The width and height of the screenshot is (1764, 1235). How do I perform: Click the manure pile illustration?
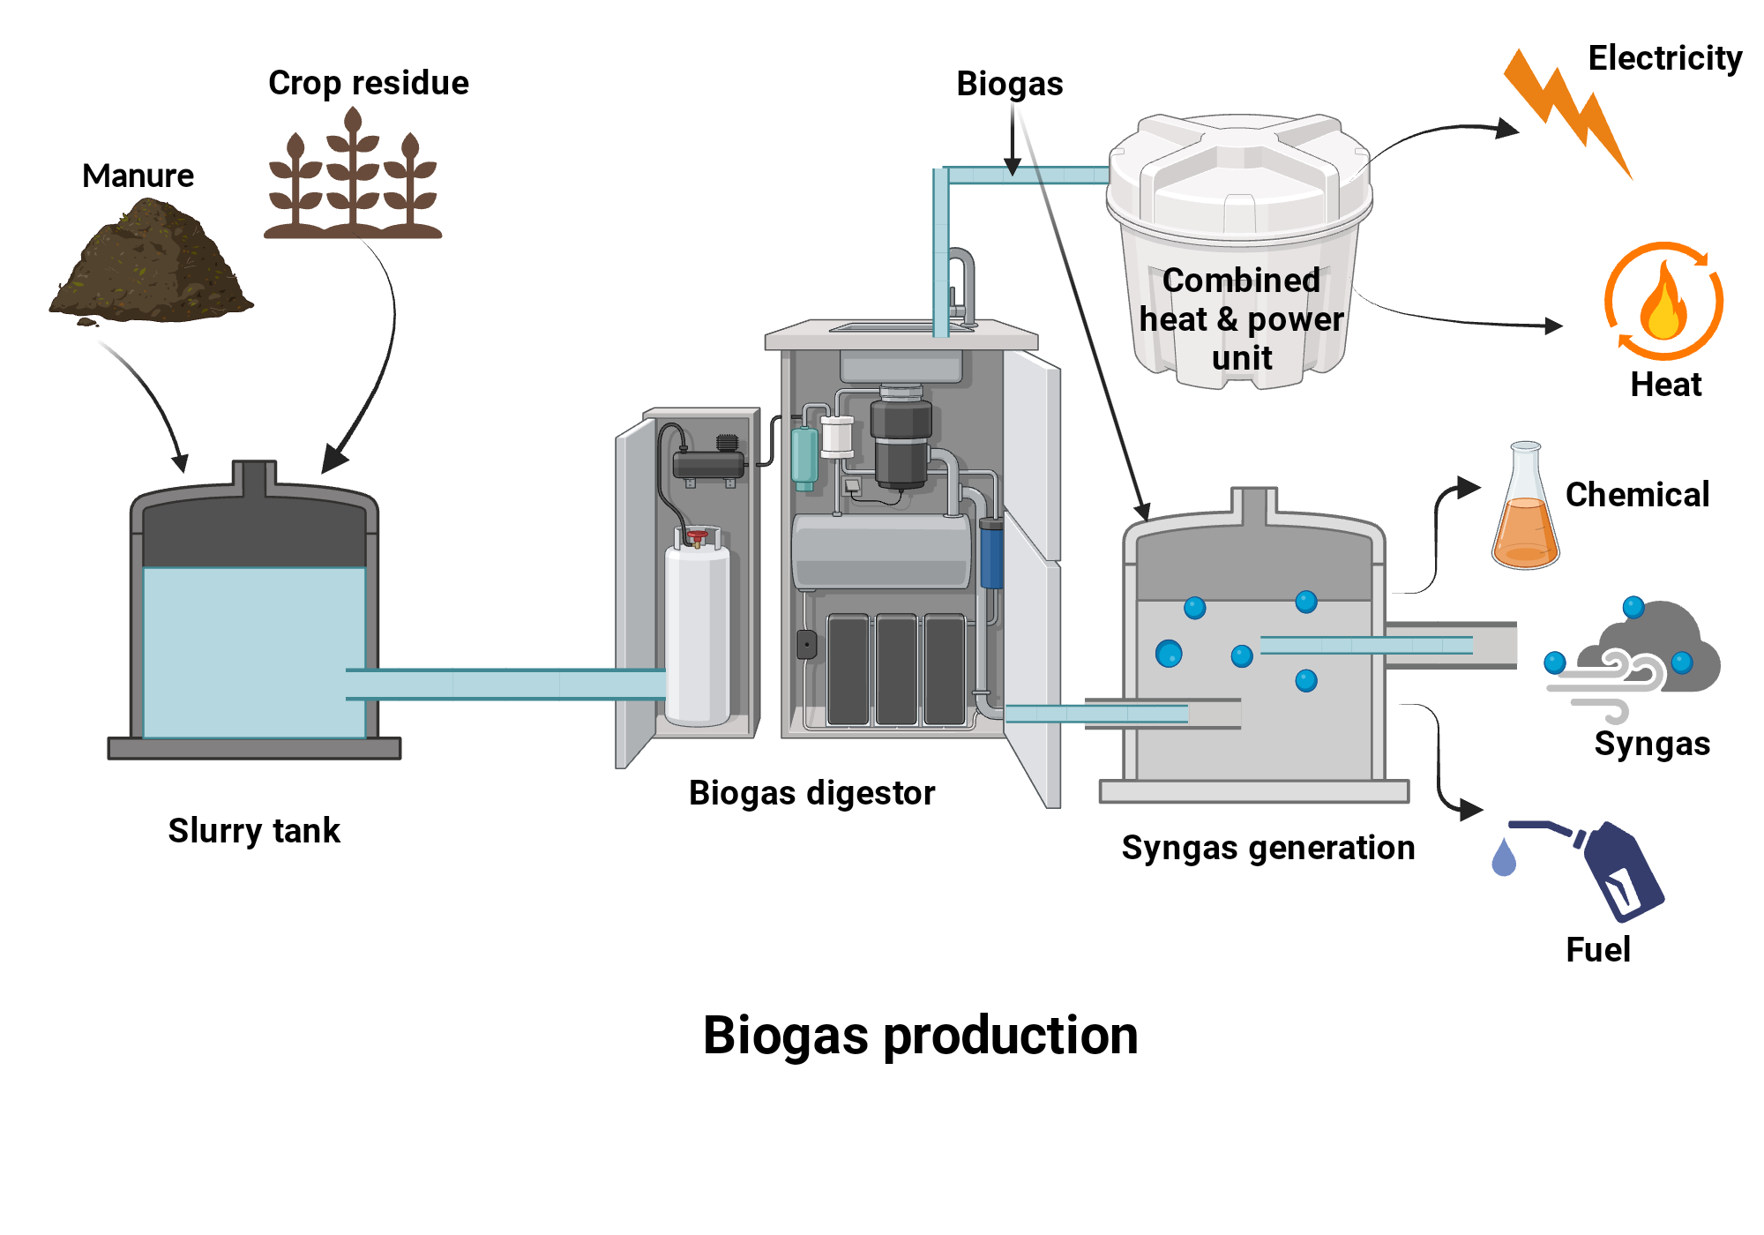tap(150, 265)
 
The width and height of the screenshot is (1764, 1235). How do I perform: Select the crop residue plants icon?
tap(353, 181)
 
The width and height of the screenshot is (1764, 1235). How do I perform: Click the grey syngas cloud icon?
tap(1649, 653)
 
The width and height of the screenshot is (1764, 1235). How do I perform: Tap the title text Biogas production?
tap(920, 1035)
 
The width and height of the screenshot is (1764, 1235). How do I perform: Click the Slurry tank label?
tap(254, 831)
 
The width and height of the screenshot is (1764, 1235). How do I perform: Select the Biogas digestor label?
tap(811, 793)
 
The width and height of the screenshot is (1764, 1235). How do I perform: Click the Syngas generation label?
tap(1267, 848)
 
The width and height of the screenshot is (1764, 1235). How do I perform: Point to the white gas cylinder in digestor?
tap(698, 635)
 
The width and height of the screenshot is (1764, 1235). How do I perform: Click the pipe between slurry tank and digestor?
tap(503, 685)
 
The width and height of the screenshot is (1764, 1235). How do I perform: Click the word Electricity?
tap(1664, 58)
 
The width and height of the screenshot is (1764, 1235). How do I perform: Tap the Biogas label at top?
tap(1009, 84)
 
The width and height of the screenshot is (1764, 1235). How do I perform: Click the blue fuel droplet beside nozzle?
tap(1504, 858)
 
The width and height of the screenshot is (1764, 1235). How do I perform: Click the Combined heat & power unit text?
tap(1241, 318)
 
